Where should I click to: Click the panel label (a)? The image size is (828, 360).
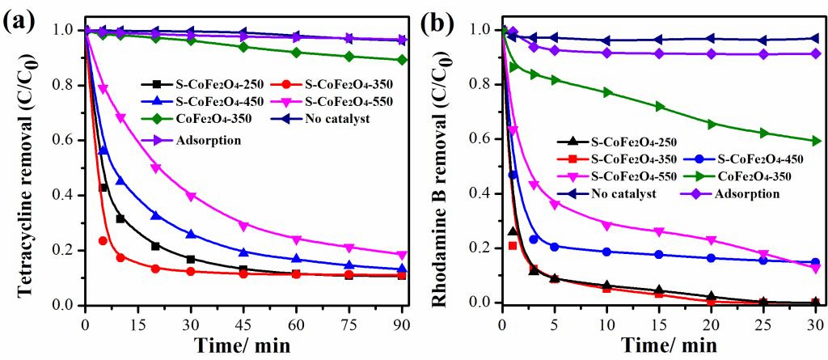pyautogui.click(x=21, y=19)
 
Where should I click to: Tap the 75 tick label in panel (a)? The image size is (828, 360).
pyautogui.click(x=349, y=322)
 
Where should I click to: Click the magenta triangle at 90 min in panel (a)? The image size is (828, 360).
pyautogui.click(x=402, y=255)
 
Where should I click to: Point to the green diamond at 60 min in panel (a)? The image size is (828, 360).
pyautogui.click(x=296, y=53)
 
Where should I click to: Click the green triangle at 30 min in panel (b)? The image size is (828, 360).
pyautogui.click(x=815, y=141)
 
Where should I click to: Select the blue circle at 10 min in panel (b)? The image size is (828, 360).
pyautogui.click(x=606, y=252)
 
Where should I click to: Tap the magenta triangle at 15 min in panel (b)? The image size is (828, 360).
pyautogui.click(x=659, y=232)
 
